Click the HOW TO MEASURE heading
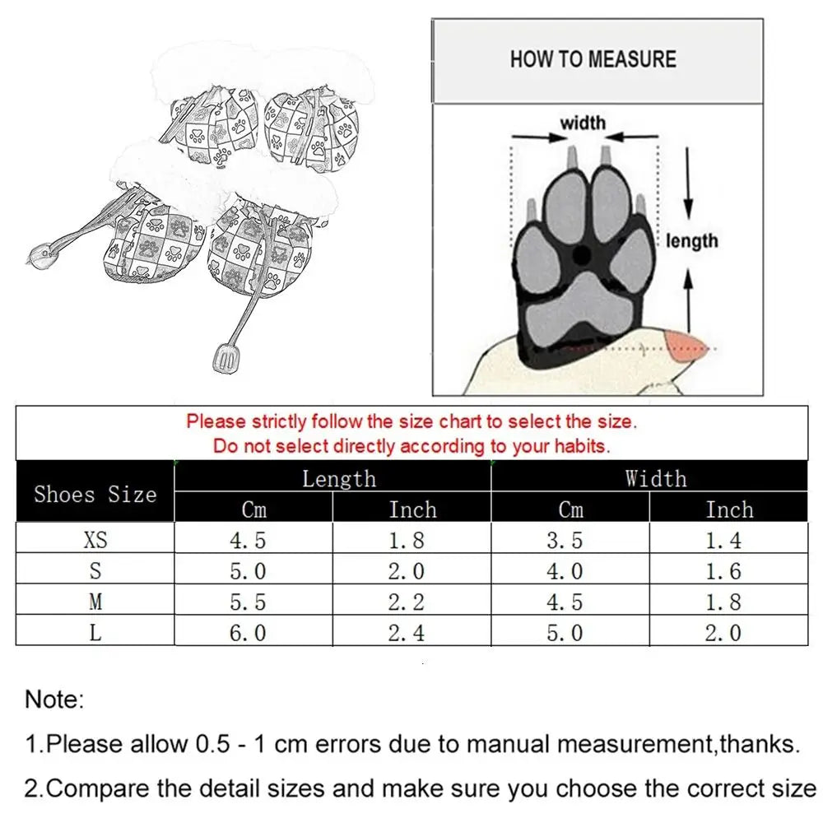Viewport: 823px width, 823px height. (x=593, y=59)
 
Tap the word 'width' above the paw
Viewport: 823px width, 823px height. (x=583, y=123)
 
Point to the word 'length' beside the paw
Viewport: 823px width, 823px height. (x=692, y=240)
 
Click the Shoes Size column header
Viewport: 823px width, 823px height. (x=95, y=494)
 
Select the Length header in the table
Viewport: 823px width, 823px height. (x=338, y=479)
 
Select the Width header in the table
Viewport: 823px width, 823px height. (x=655, y=479)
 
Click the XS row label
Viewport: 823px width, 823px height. (x=95, y=540)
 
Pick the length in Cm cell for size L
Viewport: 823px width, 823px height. (x=248, y=632)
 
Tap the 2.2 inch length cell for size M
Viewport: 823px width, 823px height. (x=407, y=602)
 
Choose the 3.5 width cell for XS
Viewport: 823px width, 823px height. (x=565, y=540)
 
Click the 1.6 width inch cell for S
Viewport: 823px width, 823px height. (x=723, y=571)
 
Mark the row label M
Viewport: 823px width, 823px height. (x=95, y=602)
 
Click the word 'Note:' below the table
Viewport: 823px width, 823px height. (x=54, y=700)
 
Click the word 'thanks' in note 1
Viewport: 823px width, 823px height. (x=756, y=745)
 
